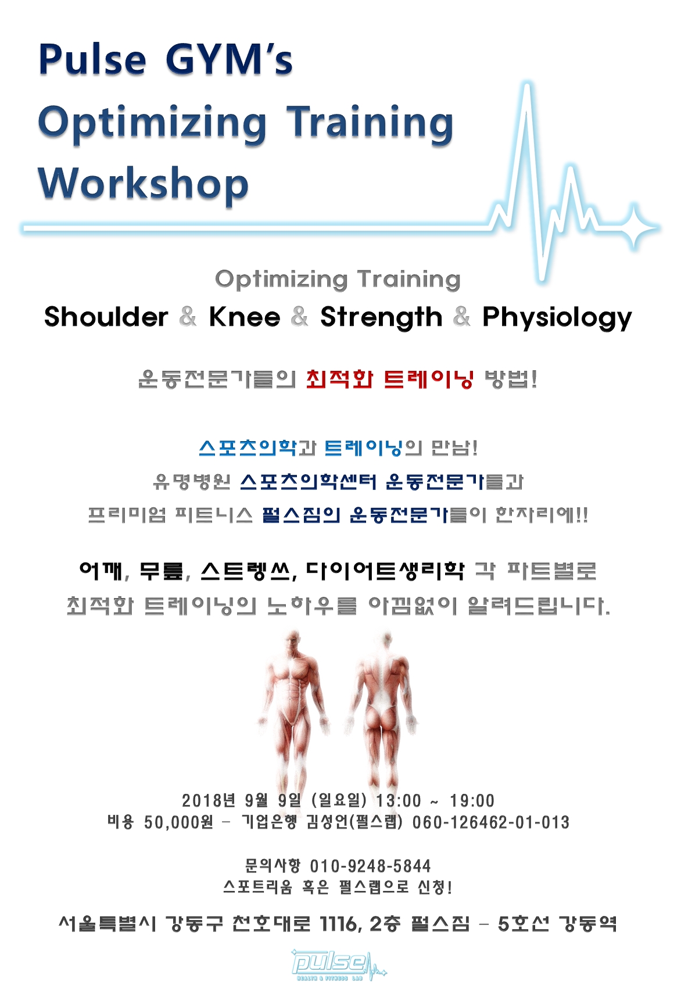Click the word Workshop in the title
144,184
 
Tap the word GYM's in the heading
229,60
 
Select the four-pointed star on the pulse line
633,228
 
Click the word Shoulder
106,317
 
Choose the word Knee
245,317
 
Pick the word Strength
381,317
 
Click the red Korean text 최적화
339,380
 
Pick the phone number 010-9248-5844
370,866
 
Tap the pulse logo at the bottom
338,965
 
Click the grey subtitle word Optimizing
281,280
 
